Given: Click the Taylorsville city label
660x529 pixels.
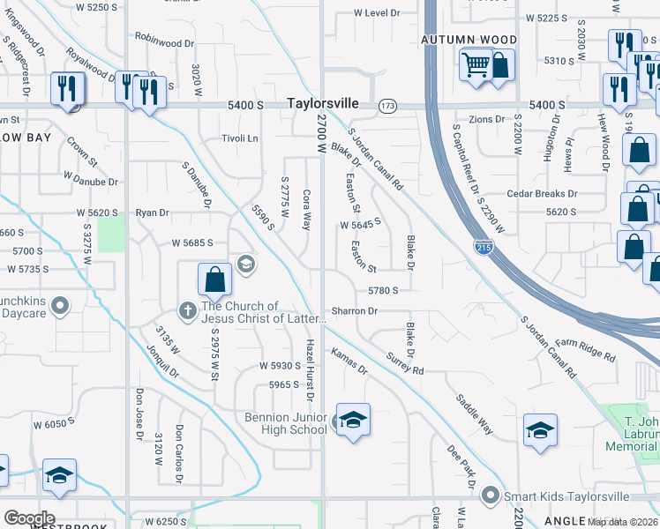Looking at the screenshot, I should tap(323, 103).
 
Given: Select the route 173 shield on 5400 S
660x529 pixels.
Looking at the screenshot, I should tap(387, 106).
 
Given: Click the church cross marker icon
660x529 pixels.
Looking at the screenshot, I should tap(187, 310).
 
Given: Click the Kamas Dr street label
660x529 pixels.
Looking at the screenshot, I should tap(349, 361).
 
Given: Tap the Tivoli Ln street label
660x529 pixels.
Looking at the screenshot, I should tap(239, 138).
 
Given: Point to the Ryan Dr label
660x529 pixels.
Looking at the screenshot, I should tap(152, 212).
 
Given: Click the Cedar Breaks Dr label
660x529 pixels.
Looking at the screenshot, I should tap(542, 194).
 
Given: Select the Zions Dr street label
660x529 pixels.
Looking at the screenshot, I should tap(486, 119).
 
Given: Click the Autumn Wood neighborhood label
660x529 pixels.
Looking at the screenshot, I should tap(469, 40).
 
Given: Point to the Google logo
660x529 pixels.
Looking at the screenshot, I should tap(29, 518).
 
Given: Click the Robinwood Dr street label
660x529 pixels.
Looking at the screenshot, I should tap(164, 42).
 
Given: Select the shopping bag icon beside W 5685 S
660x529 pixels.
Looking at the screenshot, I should tap(214, 279).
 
